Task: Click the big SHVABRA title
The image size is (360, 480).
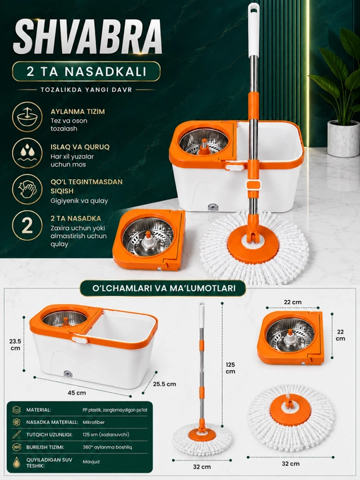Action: coord(87,37)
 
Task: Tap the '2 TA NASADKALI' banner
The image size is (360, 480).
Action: coord(86,71)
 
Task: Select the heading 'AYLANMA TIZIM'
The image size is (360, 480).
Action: coord(78,111)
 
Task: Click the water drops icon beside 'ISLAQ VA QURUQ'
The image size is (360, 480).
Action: coord(27,153)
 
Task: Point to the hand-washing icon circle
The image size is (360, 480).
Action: coord(27,189)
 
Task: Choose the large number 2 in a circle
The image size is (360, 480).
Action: coord(27,225)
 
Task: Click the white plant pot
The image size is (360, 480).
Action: coord(343,139)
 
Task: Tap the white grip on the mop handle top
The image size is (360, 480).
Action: coord(253,30)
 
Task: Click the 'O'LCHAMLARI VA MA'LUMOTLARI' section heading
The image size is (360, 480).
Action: coord(163,289)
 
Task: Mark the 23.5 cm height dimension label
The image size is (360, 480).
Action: coord(15,345)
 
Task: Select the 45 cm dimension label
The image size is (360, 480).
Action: coord(77,393)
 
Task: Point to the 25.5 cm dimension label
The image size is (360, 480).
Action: coord(165,384)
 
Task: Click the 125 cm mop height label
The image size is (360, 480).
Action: coord(230,368)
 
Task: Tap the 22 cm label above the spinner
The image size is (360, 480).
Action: coord(293,302)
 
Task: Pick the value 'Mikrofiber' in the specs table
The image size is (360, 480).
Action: coord(94,422)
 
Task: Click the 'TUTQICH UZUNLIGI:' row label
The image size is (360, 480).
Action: coord(49,435)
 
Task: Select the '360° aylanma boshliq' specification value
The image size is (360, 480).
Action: coord(107,447)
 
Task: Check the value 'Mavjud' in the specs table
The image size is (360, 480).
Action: coord(91,461)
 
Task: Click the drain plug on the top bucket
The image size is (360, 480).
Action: coord(213,207)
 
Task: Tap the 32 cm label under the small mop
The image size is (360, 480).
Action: coord(202,467)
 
